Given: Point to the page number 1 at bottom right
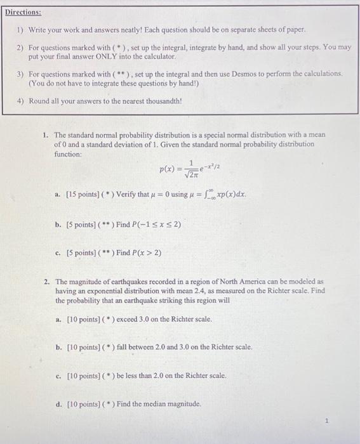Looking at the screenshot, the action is pos(326,420).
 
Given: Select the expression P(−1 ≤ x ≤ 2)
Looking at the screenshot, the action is pos(149,224).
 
